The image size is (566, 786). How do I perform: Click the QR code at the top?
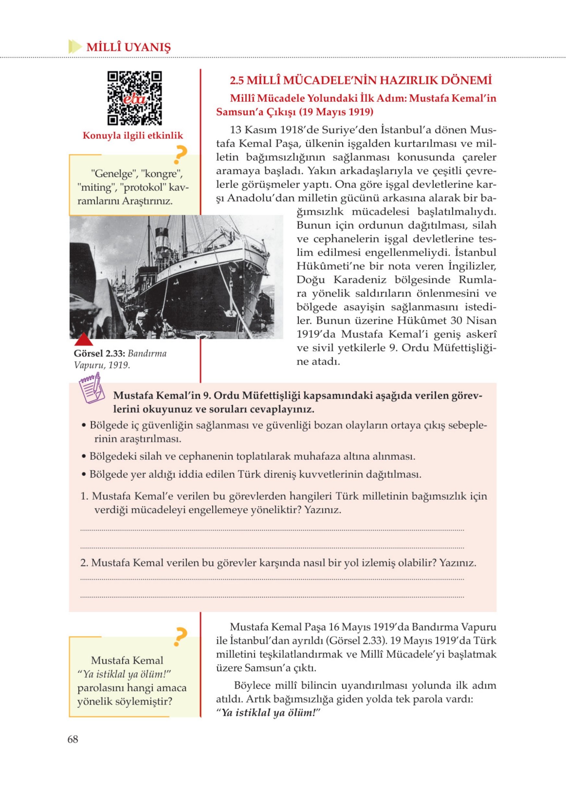click(x=135, y=98)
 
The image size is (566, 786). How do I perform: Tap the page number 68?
click(x=73, y=739)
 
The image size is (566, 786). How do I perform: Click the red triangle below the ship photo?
click(x=84, y=339)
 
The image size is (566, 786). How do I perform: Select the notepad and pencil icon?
click(x=91, y=388)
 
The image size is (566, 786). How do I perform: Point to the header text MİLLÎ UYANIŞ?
click(x=128, y=47)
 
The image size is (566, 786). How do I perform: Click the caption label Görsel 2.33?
click(x=99, y=353)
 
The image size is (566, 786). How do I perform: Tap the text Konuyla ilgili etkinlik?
click(x=133, y=136)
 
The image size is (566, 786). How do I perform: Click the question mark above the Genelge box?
click(x=180, y=155)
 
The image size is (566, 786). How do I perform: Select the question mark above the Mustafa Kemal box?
click(x=180, y=637)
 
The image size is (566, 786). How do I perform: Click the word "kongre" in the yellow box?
click(x=161, y=173)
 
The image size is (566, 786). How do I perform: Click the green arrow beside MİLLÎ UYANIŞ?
click(x=75, y=46)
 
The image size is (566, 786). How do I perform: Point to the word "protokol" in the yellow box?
click(x=142, y=187)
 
